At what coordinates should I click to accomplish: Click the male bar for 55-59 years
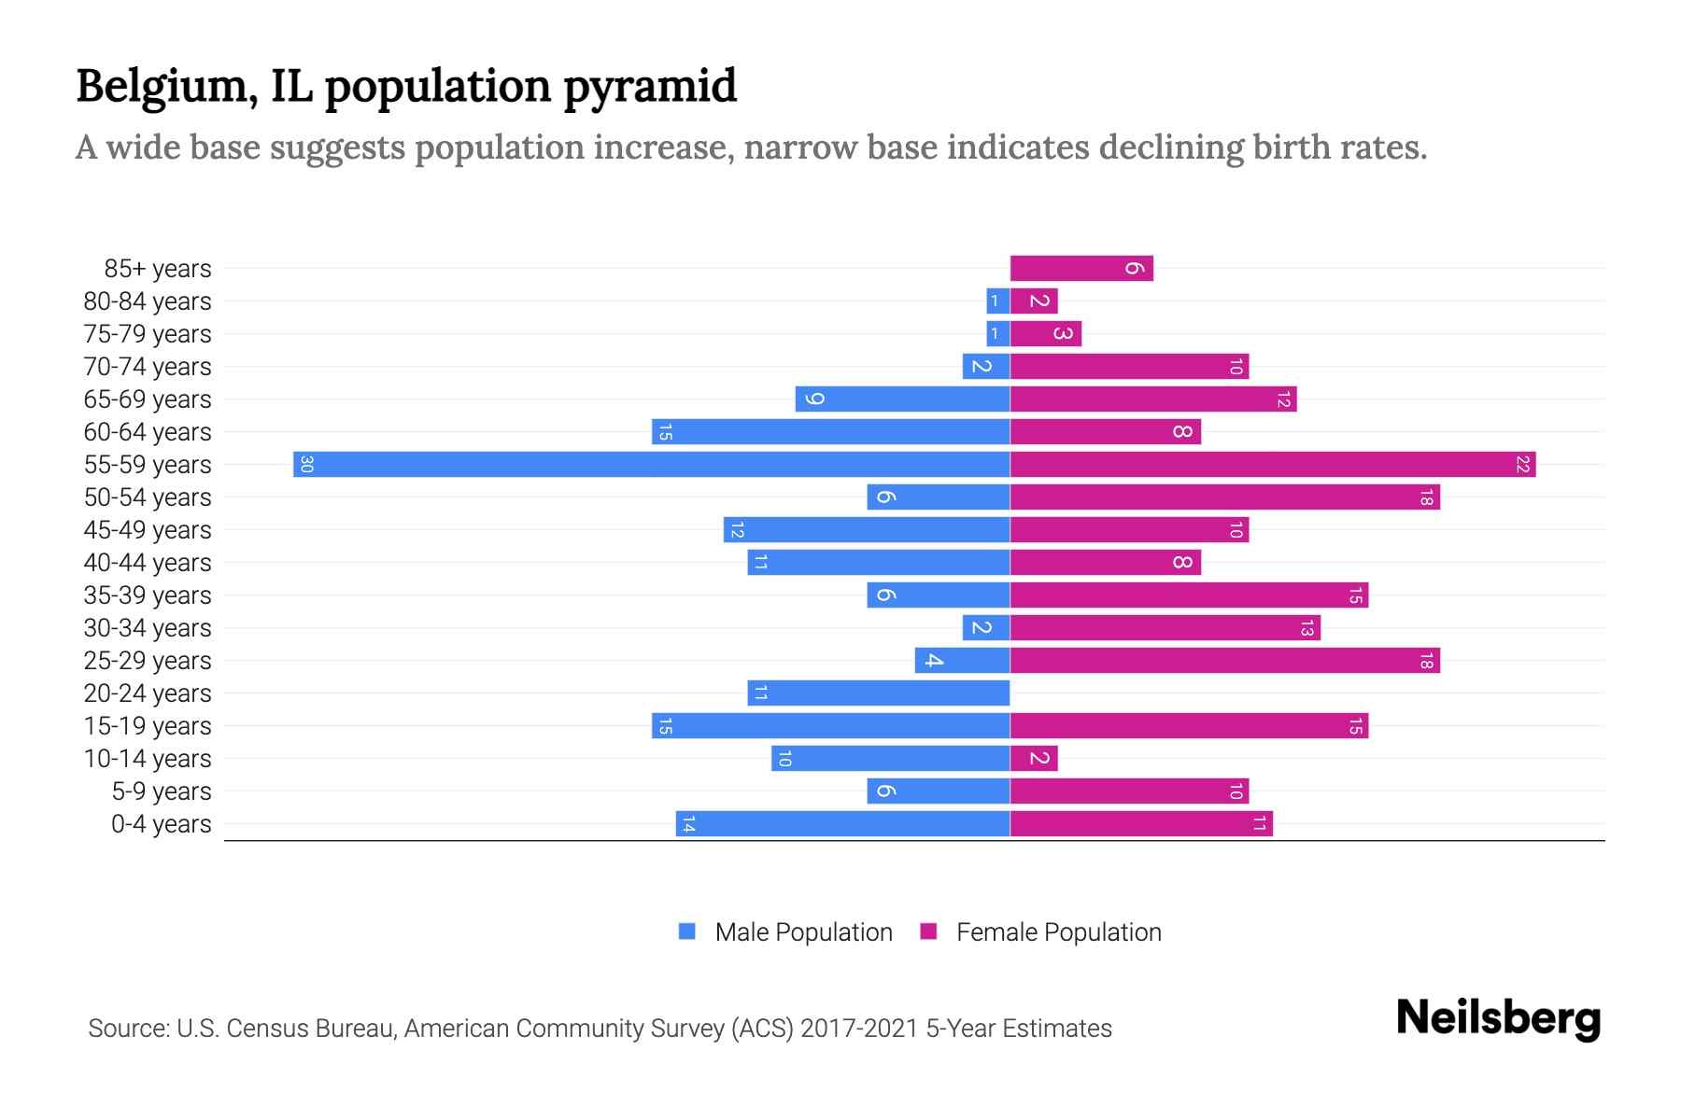click(x=651, y=464)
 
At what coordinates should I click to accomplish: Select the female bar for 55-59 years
click(x=1272, y=464)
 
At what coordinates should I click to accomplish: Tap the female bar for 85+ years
click(x=1081, y=268)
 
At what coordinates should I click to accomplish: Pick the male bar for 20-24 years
click(x=878, y=693)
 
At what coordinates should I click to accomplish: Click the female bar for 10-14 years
click(x=1033, y=758)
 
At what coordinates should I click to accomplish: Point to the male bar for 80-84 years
click(x=997, y=301)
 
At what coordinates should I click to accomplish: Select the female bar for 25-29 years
click(x=1224, y=660)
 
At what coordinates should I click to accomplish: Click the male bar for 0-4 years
click(x=842, y=823)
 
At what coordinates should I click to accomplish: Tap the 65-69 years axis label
click(x=148, y=399)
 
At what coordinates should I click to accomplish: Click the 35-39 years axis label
click(x=148, y=595)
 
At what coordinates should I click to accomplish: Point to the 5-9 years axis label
click(x=162, y=791)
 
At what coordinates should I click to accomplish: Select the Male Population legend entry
click(x=785, y=931)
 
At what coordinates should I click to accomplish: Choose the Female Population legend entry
click(x=1041, y=931)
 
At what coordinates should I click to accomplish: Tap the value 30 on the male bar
click(x=306, y=464)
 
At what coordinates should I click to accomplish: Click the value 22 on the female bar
click(x=1522, y=464)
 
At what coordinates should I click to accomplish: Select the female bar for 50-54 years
click(x=1224, y=497)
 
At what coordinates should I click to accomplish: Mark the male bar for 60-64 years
click(x=830, y=431)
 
